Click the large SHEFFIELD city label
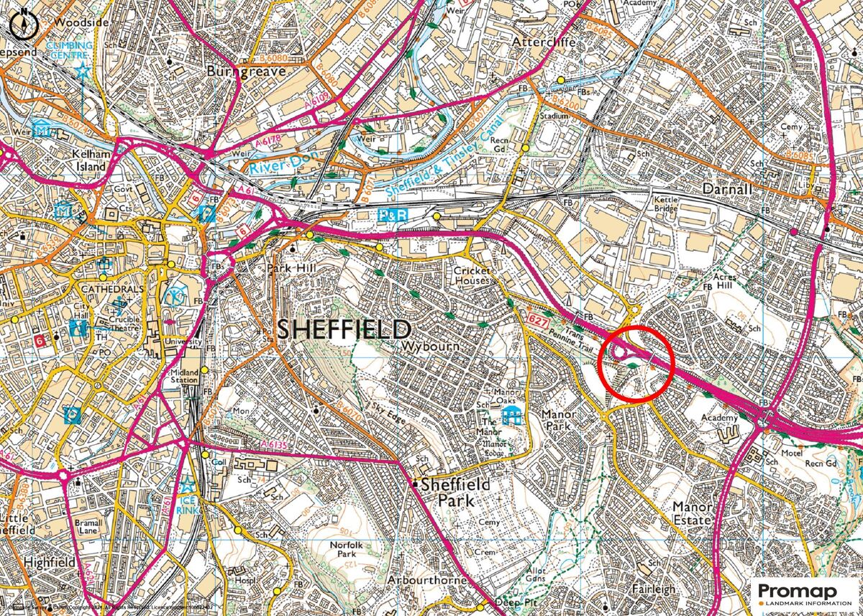click(x=344, y=330)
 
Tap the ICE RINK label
click(x=187, y=502)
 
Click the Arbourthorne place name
click(x=427, y=579)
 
